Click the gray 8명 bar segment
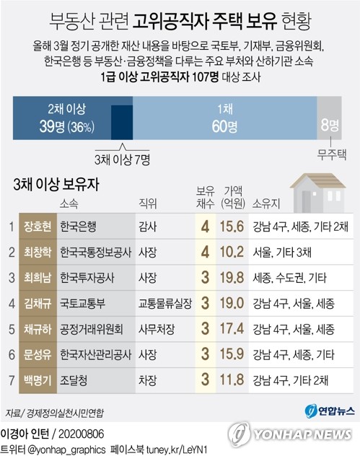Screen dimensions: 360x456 [x=329, y=118]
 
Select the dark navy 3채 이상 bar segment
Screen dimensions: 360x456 [x=122, y=123]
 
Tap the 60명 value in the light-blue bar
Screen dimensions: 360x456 [x=224, y=127]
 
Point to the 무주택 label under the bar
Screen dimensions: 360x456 [x=331, y=154]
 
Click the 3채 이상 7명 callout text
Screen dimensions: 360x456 [x=122, y=159]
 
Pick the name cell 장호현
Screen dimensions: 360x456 [x=38, y=227]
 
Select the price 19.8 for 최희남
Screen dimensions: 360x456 [x=232, y=278]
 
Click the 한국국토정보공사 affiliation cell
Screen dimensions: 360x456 [x=96, y=252]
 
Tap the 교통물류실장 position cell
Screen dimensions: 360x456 [x=165, y=303]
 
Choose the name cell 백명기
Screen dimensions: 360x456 [x=38, y=380]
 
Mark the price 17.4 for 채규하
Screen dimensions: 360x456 [x=232, y=329]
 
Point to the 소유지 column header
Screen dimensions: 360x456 [x=265, y=203]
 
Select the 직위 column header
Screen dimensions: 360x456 [x=148, y=203]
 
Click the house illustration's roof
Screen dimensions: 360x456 [x=318, y=180]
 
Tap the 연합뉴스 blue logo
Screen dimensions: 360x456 [x=330, y=411]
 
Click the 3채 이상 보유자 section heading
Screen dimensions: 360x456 [x=56, y=185]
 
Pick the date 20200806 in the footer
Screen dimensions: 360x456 [x=81, y=434]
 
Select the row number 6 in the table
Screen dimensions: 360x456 [x=12, y=355]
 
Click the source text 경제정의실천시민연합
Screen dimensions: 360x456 [x=65, y=413]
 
